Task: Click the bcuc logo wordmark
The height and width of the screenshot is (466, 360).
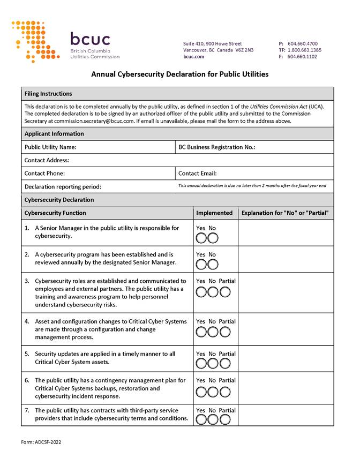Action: (90, 40)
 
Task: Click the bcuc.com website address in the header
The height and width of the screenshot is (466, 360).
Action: (193, 56)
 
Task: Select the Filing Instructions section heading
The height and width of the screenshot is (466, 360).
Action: (48, 94)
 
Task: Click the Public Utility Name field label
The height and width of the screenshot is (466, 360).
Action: (50, 147)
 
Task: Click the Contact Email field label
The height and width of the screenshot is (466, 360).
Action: (197, 173)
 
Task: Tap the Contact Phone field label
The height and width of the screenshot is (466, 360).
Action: (44, 173)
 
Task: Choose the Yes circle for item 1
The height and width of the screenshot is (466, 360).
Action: (201, 238)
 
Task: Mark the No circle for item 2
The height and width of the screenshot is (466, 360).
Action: (213, 264)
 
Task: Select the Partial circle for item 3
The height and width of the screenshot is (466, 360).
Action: (225, 292)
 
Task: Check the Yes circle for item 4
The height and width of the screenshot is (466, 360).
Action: (201, 332)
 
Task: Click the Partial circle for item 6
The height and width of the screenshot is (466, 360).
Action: (225, 392)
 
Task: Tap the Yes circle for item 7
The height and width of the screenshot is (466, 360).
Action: (201, 419)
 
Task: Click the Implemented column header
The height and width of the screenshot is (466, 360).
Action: (214, 213)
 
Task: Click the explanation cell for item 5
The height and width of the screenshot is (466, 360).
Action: (286, 358)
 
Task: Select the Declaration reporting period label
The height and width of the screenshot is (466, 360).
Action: (63, 187)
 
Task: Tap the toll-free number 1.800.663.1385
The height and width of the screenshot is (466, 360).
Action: (304, 50)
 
